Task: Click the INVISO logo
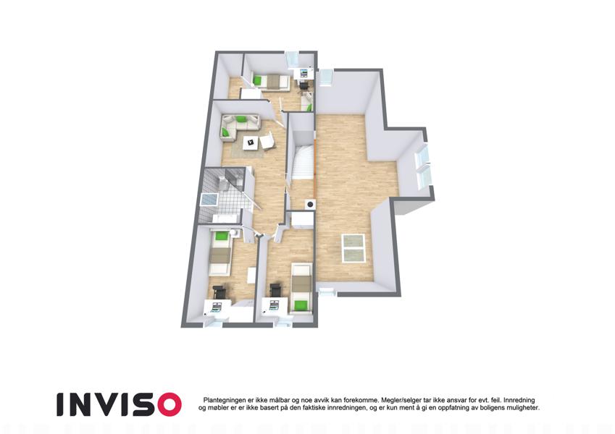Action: tap(119, 404)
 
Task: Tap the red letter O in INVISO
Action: tap(170, 404)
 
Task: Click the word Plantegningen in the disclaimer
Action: tap(222, 400)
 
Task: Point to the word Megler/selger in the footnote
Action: tap(399, 400)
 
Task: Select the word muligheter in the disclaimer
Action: tap(524, 408)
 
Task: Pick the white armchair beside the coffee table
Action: tap(267, 141)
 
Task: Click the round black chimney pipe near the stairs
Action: tap(310, 204)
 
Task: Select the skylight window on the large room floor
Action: tap(354, 248)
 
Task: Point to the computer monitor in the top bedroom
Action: tap(304, 73)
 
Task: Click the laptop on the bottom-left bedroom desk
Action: tap(216, 305)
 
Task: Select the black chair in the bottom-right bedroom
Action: tap(276, 289)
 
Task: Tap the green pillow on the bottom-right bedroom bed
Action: tap(301, 305)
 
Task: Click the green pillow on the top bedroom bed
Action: tap(257, 80)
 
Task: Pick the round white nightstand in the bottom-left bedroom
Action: tap(234, 233)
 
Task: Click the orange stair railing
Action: tap(315, 169)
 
